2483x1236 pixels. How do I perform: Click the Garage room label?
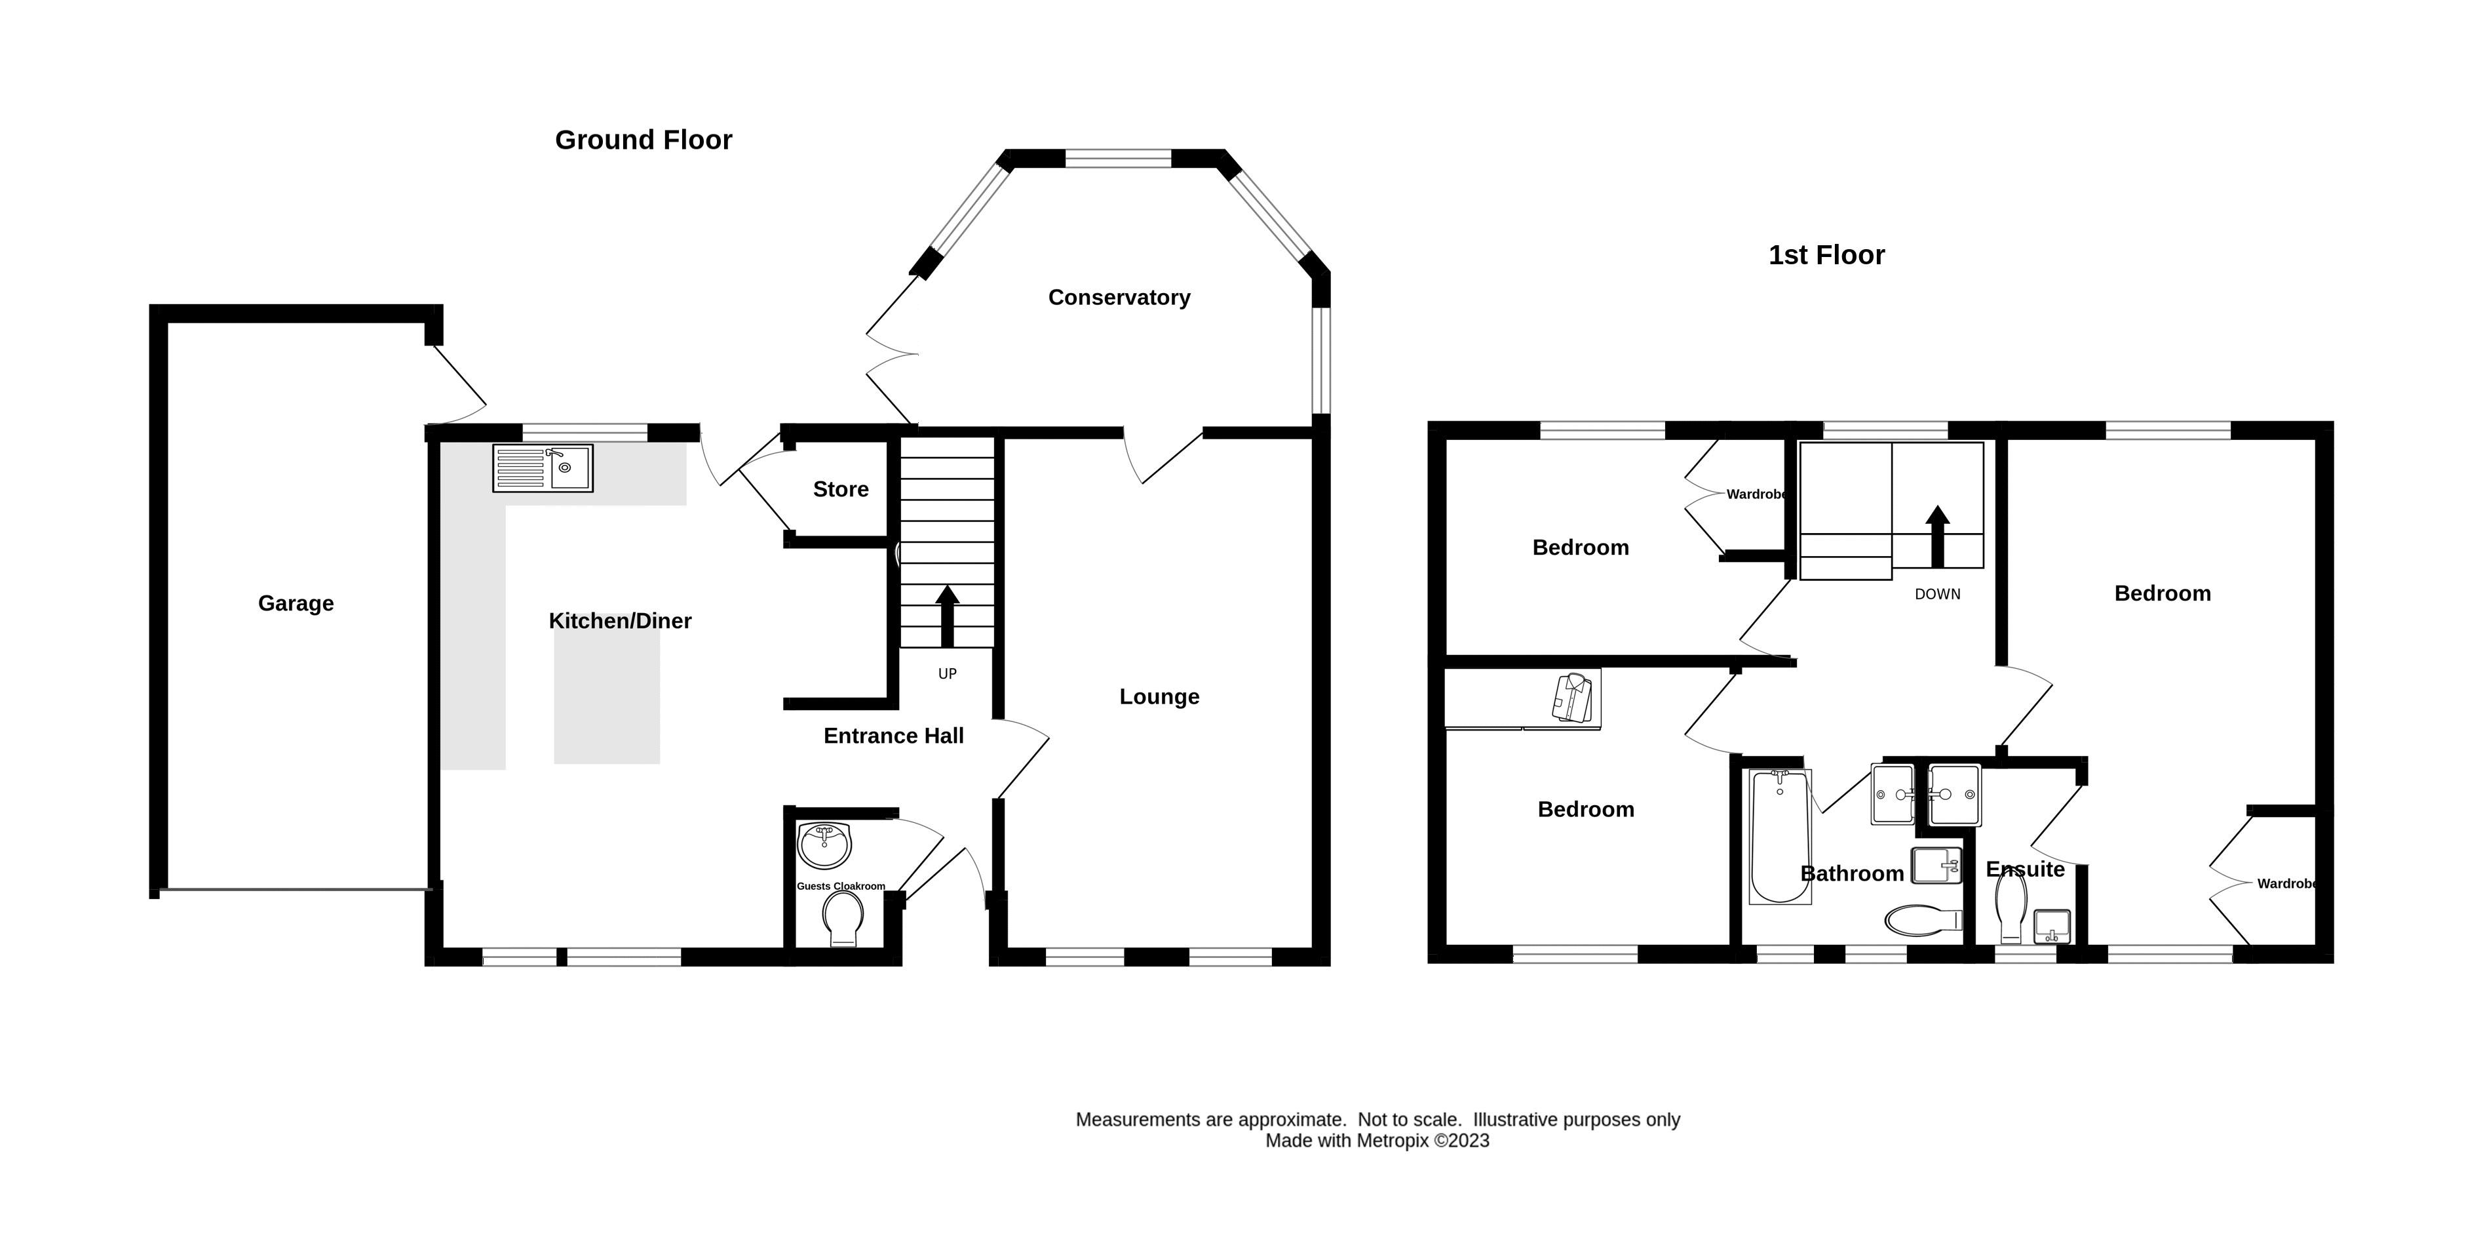(296, 603)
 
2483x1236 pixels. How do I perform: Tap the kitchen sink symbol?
(543, 469)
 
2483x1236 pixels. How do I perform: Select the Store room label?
(841, 490)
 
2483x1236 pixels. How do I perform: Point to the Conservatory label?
(1119, 298)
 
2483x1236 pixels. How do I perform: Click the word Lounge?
(1159, 697)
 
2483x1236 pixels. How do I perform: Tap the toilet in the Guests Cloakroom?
(843, 919)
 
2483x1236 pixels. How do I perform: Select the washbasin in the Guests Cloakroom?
(825, 846)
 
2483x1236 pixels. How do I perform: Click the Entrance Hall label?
(894, 736)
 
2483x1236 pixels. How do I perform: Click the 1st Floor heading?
(1826, 256)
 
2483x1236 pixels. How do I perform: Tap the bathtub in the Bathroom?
(1779, 836)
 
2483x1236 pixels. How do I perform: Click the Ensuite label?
(2025, 869)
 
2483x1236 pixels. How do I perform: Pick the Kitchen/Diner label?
(620, 622)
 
